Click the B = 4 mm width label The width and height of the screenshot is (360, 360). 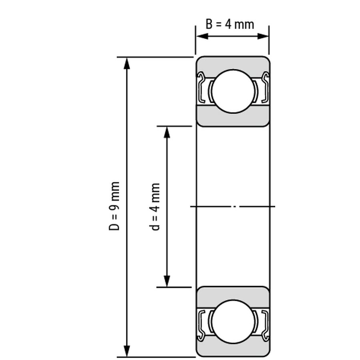click(230, 24)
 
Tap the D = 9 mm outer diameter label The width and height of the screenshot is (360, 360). click(114, 206)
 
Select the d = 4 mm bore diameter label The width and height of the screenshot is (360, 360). click(155, 207)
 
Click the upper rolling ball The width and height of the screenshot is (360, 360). click(233, 91)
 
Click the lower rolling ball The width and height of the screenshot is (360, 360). click(233, 322)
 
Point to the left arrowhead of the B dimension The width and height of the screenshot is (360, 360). click(202, 36)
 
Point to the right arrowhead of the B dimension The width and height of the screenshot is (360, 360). click(263, 36)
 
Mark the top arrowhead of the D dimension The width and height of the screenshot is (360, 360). click(127, 64)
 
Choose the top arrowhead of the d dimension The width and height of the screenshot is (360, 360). click(167, 133)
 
